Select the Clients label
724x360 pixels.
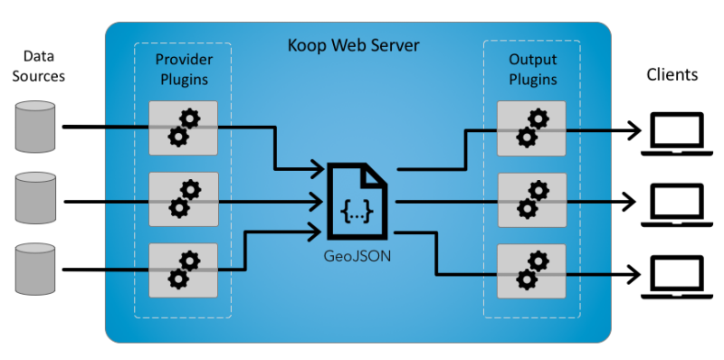[672, 74]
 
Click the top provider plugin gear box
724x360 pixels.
[184, 128]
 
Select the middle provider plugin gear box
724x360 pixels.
[184, 199]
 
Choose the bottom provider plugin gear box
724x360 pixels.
[184, 270]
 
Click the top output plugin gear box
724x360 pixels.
[531, 128]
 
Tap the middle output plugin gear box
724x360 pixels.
[531, 199]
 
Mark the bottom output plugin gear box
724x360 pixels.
[531, 270]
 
